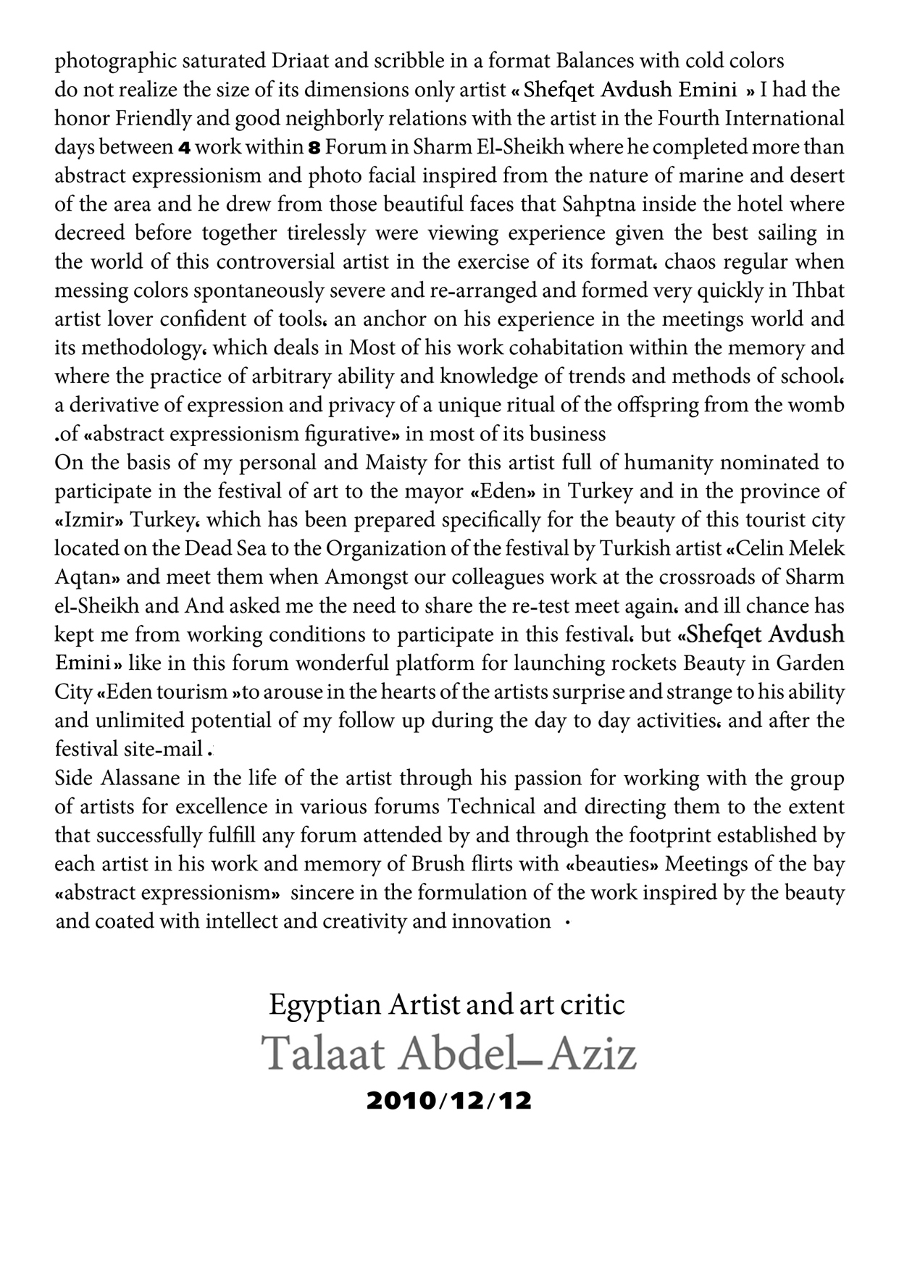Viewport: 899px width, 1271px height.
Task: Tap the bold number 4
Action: [184, 148]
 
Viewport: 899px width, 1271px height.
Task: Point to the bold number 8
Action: [314, 148]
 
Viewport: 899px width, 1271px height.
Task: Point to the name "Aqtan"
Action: [87, 577]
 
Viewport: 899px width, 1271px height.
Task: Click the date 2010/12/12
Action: [449, 1101]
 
